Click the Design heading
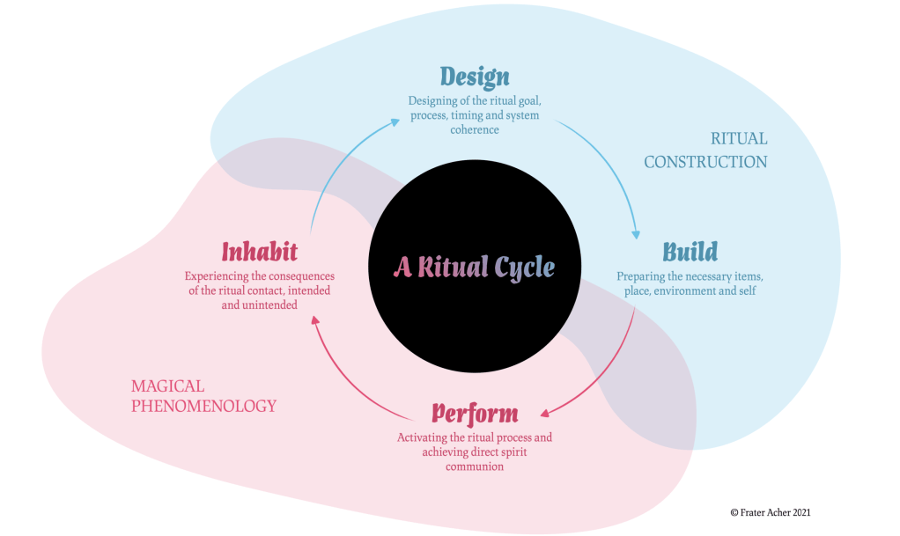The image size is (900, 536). pos(475,77)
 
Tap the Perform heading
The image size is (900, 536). pos(475,413)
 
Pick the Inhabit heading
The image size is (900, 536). pos(259,252)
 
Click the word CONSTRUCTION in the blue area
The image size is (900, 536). pos(705,162)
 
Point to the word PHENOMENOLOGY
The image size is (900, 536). pos(203,407)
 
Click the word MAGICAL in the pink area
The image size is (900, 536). pos(167,386)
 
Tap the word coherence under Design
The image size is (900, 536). pos(474,130)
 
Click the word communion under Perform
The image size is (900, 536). pos(474,467)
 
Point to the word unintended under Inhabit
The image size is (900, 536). pos(271,306)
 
